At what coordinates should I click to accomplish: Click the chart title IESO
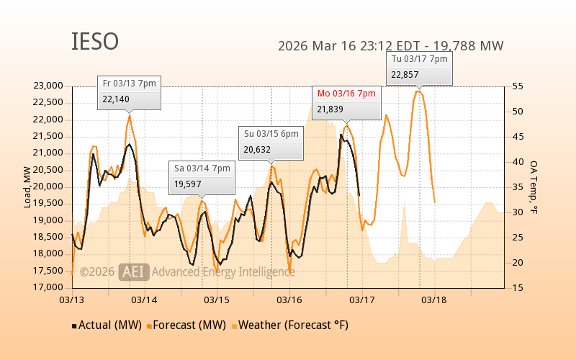pyautogui.click(x=94, y=42)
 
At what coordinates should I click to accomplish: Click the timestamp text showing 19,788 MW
pyautogui.click(x=390, y=46)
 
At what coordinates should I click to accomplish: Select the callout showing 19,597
pyautogui.click(x=202, y=176)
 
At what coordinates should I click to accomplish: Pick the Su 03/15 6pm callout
pyautogui.click(x=271, y=142)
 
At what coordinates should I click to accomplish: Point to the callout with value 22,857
pyautogui.click(x=420, y=67)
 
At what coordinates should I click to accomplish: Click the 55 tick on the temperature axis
pyautogui.click(x=518, y=86)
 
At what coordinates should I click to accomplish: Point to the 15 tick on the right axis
pyautogui.click(x=518, y=288)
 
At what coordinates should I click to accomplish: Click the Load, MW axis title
pyautogui.click(x=27, y=187)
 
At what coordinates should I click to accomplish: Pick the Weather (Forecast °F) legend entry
pyautogui.click(x=291, y=325)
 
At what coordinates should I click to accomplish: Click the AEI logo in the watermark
pyautogui.click(x=134, y=272)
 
